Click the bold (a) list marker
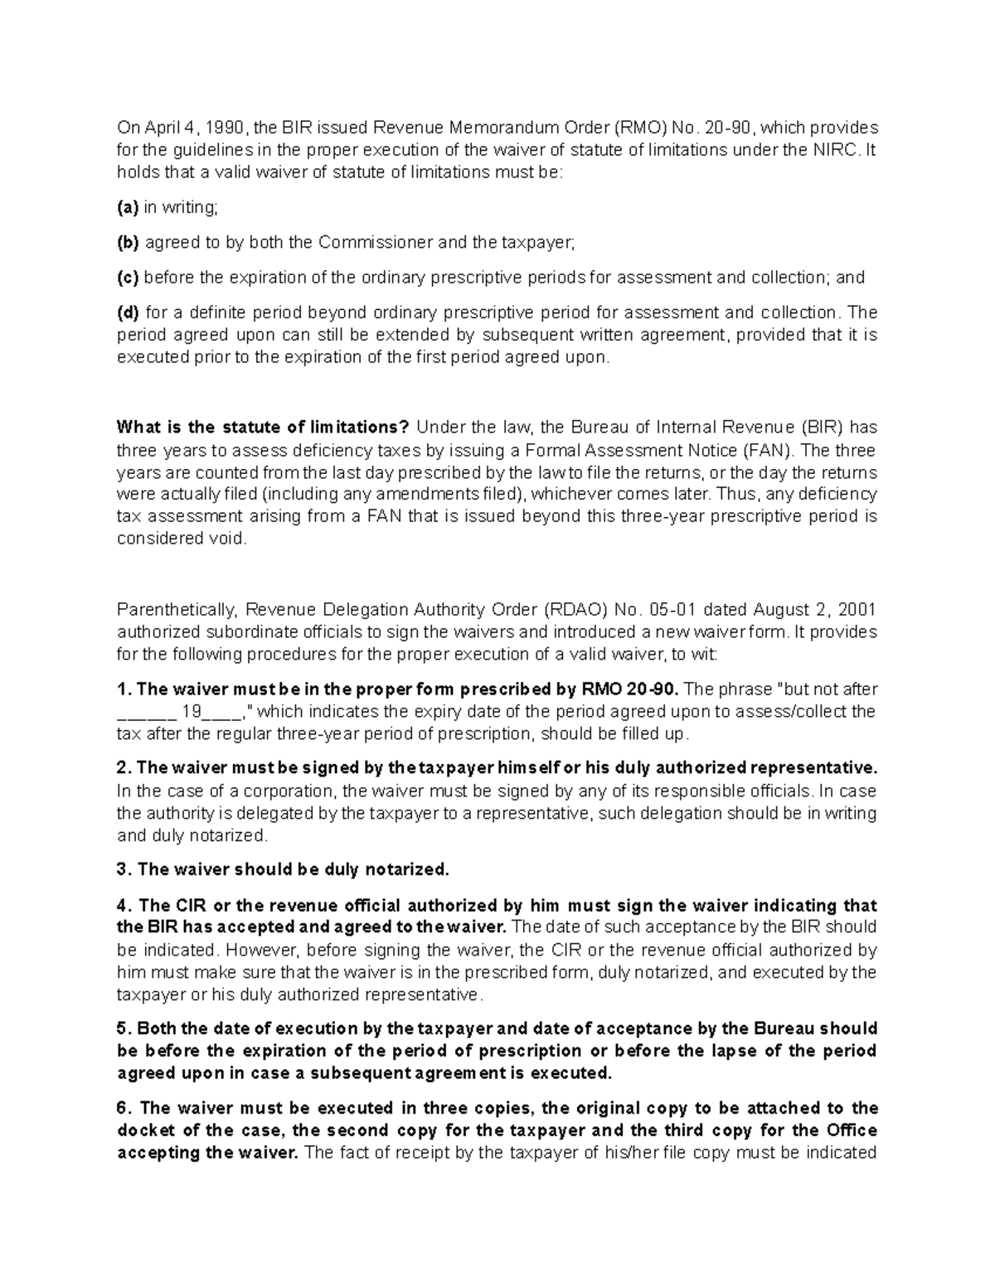[128, 208]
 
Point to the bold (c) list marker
[128, 278]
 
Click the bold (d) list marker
[129, 312]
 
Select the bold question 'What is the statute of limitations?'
[263, 428]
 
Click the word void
[230, 539]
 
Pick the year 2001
[857, 610]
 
